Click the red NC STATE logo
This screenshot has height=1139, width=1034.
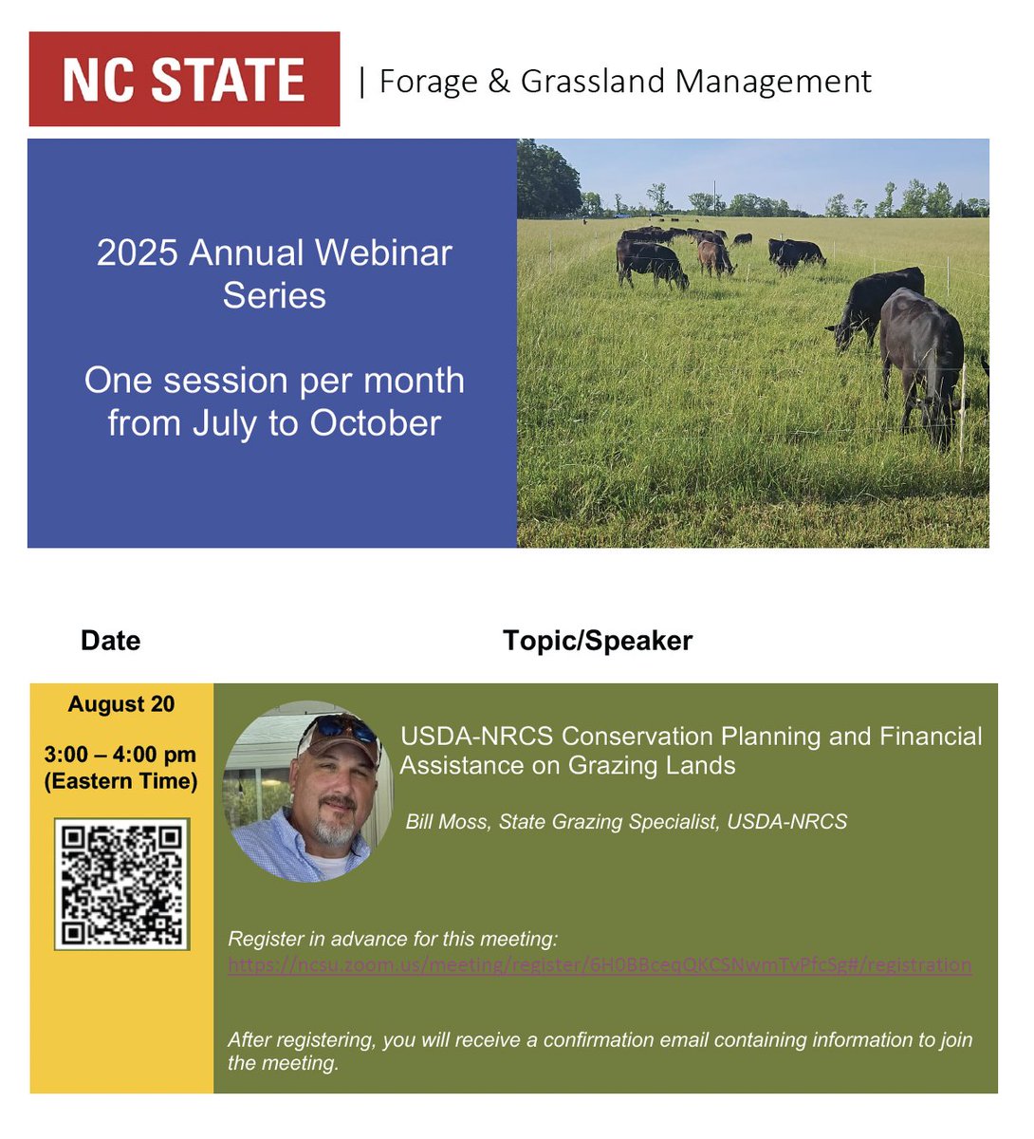pos(184,79)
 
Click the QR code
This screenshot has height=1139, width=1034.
pos(121,885)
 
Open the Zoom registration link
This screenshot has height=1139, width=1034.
pos(600,965)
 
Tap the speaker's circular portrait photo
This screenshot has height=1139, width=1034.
pos(306,793)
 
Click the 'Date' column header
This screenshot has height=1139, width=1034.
pos(110,641)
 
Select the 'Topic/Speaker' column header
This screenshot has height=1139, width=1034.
pos(598,641)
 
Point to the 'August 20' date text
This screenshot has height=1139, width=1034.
pos(121,704)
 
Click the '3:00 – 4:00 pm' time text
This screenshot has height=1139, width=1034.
pos(120,755)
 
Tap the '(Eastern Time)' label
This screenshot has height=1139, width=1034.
pos(120,781)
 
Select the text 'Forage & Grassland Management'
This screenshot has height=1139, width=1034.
pos(625,82)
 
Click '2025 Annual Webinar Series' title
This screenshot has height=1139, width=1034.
pos(274,273)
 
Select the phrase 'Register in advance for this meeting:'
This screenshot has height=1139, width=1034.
pos(393,939)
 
